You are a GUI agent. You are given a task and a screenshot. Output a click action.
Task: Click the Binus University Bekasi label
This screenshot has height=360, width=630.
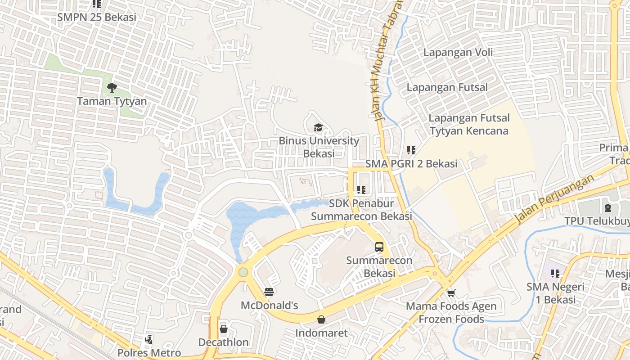(319, 147)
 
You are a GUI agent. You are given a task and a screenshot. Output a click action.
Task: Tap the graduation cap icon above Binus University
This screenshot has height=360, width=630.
(318, 128)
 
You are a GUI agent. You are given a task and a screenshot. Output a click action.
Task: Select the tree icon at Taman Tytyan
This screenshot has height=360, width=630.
(112, 87)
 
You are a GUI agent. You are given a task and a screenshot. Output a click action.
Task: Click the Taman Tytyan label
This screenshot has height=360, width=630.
(112, 101)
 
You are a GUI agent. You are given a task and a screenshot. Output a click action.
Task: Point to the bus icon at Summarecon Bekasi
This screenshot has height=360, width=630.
(379, 247)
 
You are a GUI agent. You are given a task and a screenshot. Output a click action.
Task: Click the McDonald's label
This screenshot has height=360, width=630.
(270, 306)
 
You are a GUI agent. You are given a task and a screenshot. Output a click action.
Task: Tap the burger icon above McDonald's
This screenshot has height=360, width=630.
(270, 292)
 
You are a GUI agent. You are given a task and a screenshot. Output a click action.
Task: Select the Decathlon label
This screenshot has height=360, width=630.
(224, 342)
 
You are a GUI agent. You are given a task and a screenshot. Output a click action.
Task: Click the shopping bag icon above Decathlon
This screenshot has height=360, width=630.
(224, 329)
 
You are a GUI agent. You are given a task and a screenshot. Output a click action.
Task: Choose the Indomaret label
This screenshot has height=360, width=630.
(321, 333)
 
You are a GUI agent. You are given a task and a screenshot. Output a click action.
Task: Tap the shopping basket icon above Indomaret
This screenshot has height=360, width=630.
(321, 319)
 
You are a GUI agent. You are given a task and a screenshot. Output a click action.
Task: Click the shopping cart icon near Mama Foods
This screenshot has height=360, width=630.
(451, 293)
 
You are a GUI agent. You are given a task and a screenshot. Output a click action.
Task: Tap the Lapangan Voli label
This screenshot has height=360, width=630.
(458, 52)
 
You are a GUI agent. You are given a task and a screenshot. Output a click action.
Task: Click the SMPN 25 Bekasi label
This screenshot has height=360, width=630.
(97, 18)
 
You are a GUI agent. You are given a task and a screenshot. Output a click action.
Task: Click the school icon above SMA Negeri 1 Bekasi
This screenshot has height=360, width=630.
(555, 273)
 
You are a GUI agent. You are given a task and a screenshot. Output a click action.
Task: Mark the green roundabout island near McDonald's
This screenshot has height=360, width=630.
(243, 272)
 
